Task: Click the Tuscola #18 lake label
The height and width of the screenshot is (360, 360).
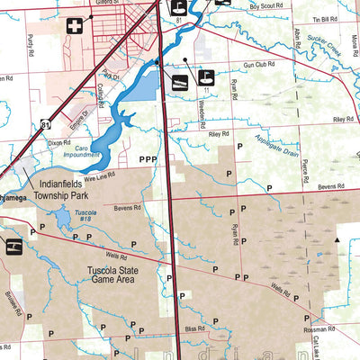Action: (x=85, y=215)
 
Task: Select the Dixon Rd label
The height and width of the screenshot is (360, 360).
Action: (x=58, y=142)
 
